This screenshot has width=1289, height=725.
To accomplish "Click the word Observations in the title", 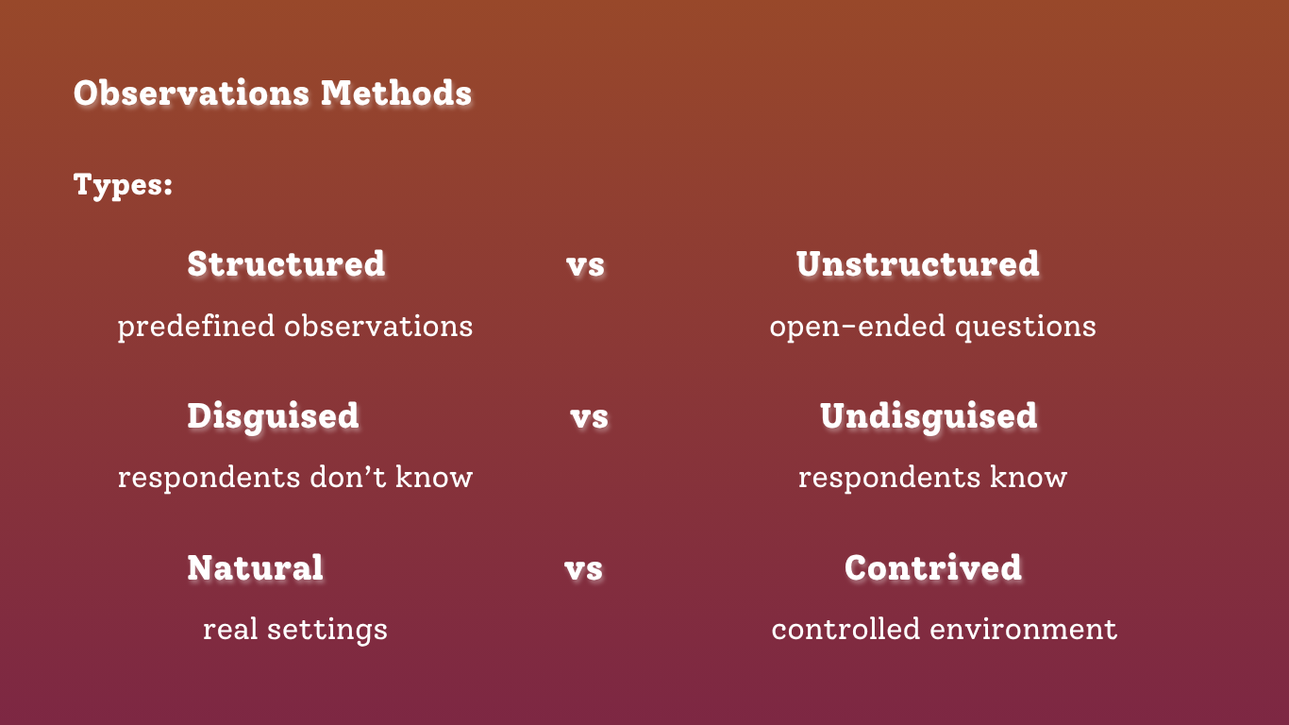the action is (192, 93).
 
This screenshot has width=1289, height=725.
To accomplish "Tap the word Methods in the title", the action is (396, 93).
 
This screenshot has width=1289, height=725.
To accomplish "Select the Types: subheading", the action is (124, 185).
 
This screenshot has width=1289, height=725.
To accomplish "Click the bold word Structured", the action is (286, 264).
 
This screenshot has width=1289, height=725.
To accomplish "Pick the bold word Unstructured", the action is (918, 264).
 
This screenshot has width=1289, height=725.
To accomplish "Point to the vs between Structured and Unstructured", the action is (585, 266).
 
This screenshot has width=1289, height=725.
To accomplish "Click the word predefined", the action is (195, 327).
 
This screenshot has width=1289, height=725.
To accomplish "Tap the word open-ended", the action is (858, 327).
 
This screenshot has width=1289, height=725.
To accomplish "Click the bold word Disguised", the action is (273, 416).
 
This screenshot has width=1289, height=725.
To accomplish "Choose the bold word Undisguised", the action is (929, 416).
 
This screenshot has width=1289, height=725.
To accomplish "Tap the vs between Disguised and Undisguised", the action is (589, 418).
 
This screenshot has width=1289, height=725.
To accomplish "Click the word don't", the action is (348, 477).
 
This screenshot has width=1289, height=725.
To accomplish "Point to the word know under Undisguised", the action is (1029, 477).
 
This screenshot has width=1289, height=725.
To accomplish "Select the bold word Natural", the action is (255, 567).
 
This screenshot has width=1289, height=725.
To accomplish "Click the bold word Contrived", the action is (933, 567).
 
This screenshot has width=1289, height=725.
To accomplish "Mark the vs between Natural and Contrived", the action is (583, 570).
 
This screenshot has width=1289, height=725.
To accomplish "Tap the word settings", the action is (327, 630).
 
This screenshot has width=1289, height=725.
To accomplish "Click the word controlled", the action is (845, 629).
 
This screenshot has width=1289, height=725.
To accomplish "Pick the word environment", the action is (1024, 630).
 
